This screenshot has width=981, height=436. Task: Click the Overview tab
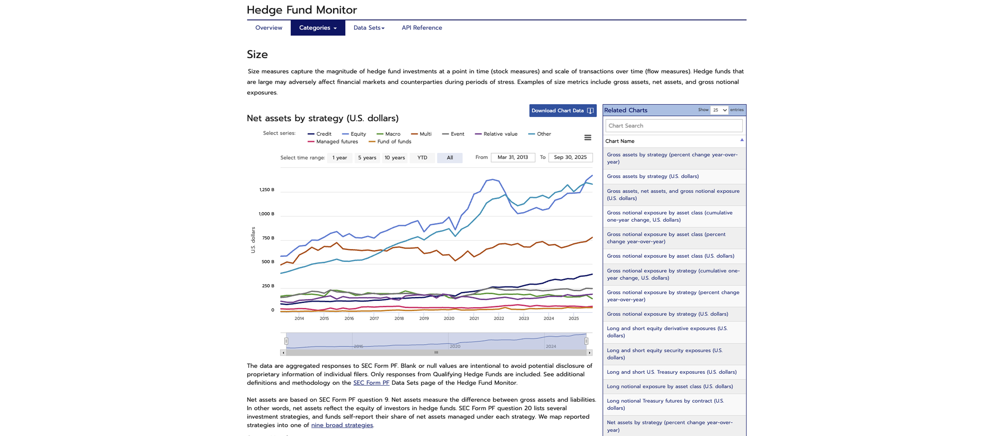[x=269, y=28]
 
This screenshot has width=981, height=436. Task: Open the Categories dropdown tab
[x=318, y=28]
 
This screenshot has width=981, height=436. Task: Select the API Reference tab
[x=422, y=28]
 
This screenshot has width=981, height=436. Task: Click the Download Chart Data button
[x=562, y=111]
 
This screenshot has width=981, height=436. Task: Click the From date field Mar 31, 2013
[x=513, y=157]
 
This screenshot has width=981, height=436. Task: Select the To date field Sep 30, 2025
[x=570, y=157]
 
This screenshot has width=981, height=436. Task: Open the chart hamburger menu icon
[x=588, y=137]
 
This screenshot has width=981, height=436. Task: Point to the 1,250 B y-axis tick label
[x=267, y=190]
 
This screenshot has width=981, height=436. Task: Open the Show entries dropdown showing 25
[x=719, y=110]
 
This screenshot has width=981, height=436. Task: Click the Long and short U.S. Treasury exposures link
[x=671, y=372]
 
